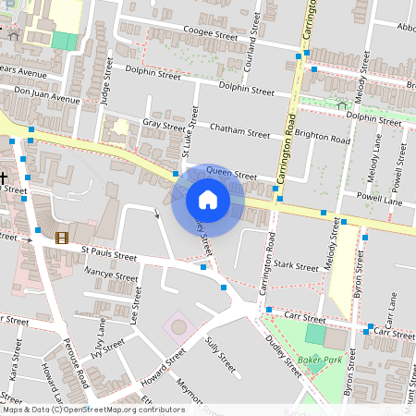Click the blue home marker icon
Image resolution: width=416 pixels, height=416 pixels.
click(x=208, y=200)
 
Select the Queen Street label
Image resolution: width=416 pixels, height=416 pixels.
click(x=231, y=173)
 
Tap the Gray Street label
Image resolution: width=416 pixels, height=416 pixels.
click(x=164, y=125)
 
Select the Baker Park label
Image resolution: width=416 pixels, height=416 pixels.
click(x=321, y=359)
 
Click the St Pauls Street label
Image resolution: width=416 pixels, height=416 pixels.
click(x=108, y=251)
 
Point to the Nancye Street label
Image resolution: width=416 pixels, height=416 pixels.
click(x=111, y=275)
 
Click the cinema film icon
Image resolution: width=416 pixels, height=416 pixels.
click(x=61, y=238)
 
